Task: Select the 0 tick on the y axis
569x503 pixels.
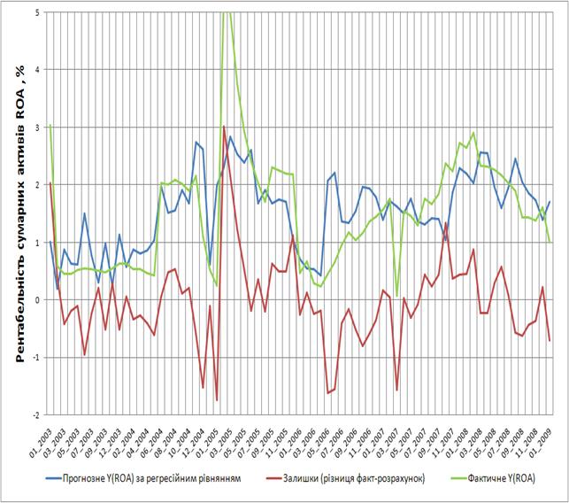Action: click(x=38, y=300)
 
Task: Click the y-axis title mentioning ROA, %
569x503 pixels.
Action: click(x=18, y=213)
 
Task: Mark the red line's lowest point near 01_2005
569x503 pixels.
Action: click(x=217, y=401)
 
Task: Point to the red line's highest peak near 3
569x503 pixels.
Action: click(x=224, y=127)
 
